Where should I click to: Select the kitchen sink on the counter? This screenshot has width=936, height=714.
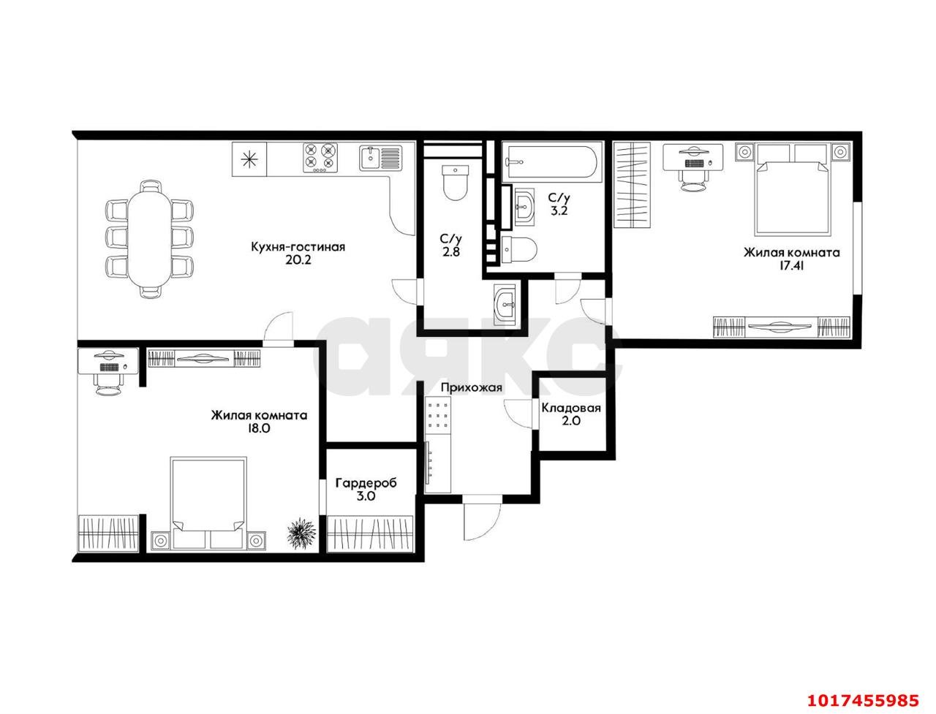(380, 158)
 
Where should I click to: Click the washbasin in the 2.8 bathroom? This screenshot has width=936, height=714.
(505, 303)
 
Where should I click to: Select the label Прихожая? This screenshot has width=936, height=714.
(471, 388)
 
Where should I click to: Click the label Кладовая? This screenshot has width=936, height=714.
(571, 408)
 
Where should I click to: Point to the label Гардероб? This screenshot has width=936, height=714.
(366, 483)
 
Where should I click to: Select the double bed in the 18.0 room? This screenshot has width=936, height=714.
(208, 503)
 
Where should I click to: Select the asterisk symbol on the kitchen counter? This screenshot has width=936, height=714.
(249, 159)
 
